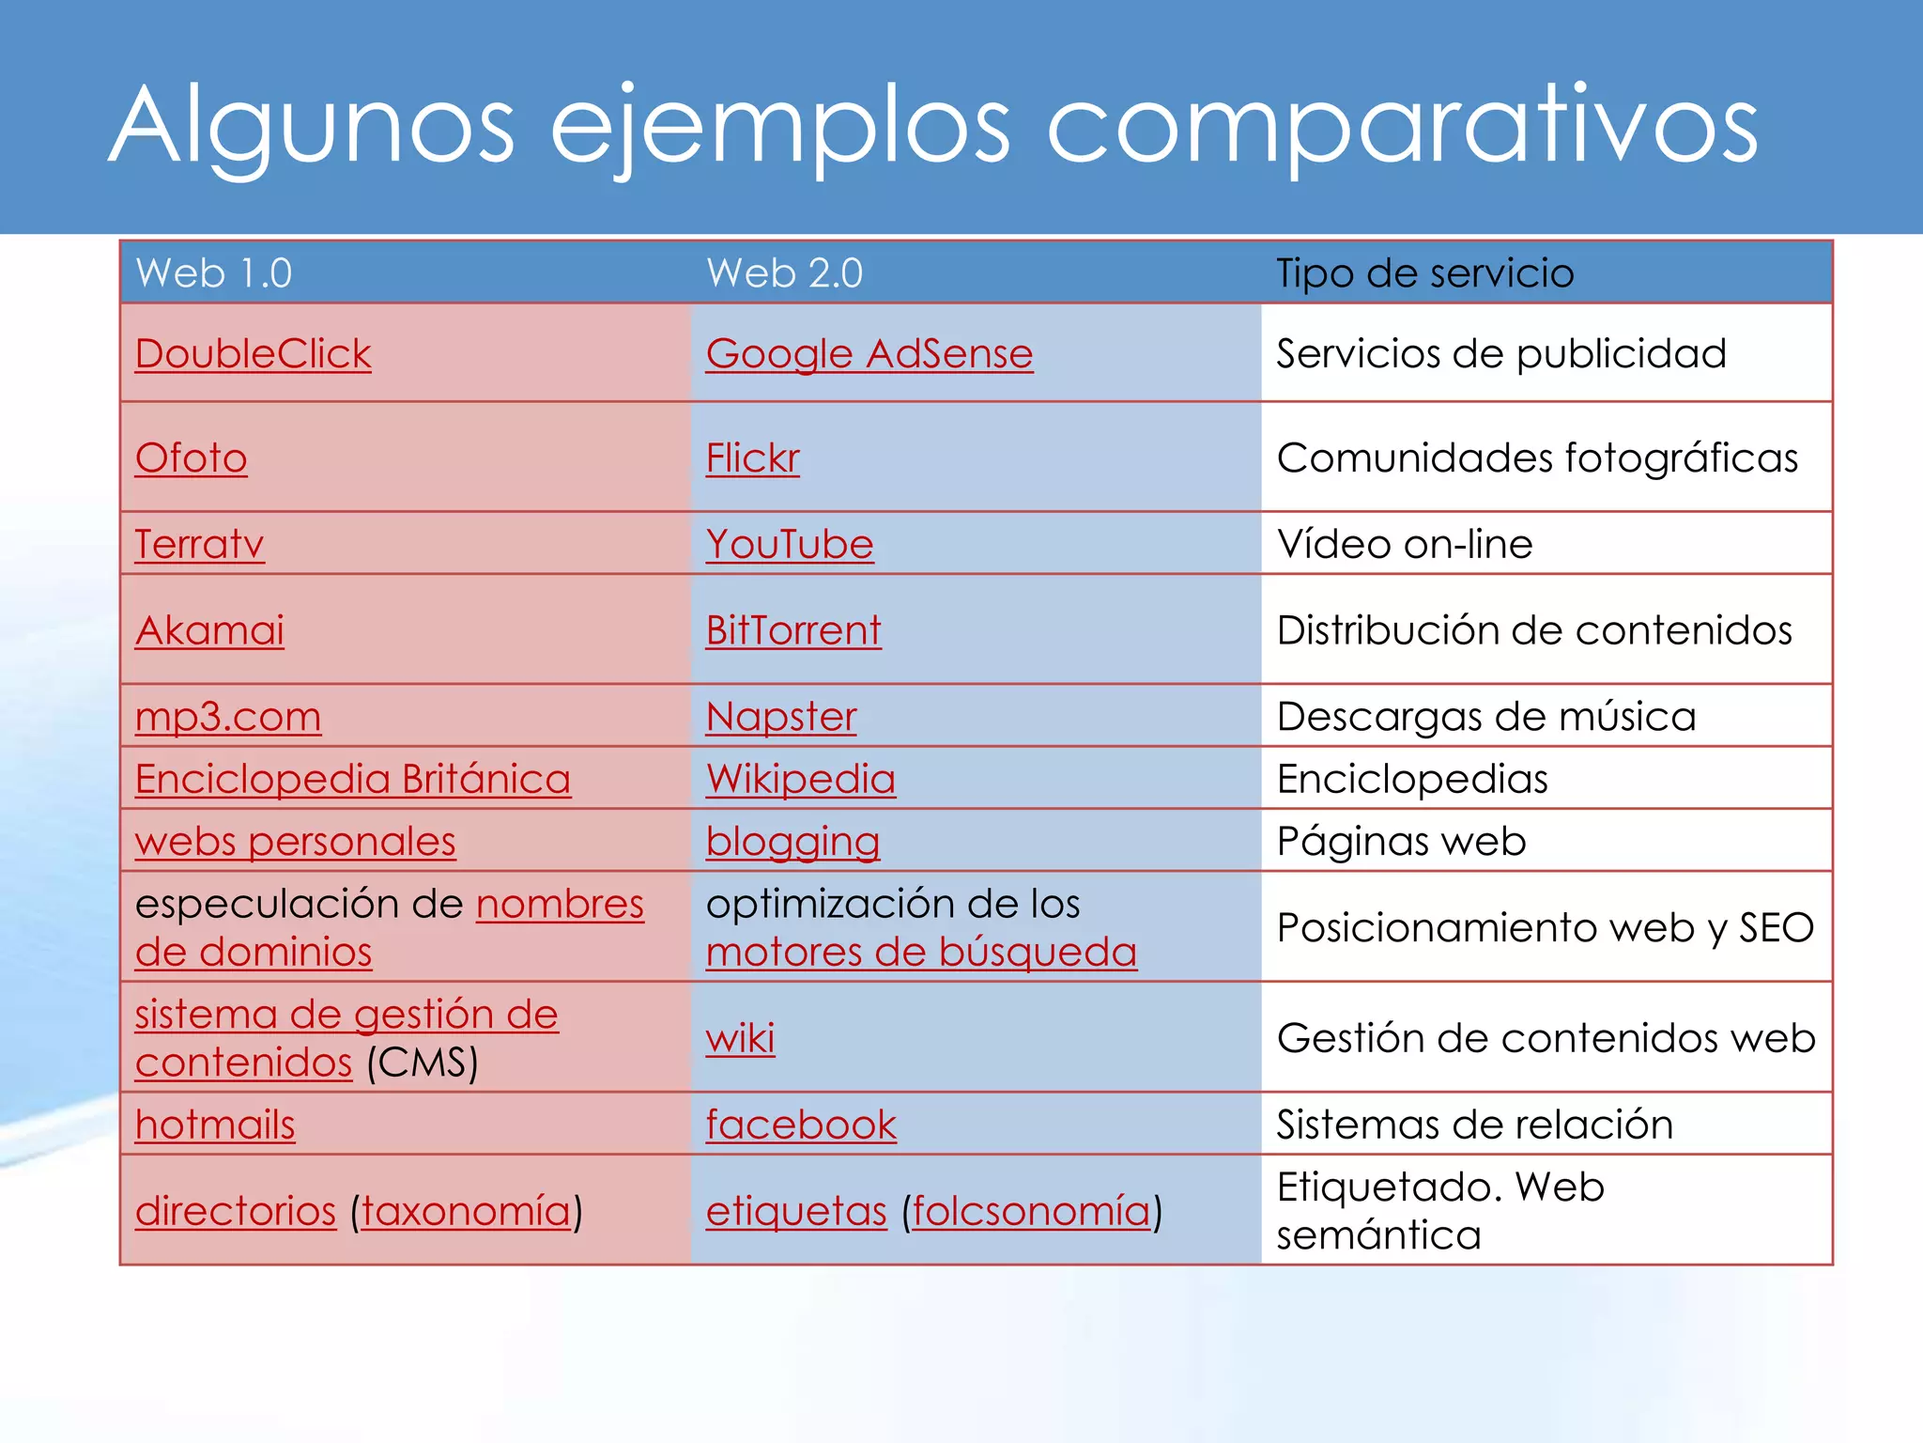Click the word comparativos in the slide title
pos(1401,127)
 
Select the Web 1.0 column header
pos(214,273)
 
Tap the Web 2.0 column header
pos(784,273)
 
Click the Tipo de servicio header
pos(1424,273)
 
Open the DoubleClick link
pos(253,354)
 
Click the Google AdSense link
pos(869,354)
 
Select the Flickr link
pos(752,458)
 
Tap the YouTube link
pos(789,545)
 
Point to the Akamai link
pos(209,630)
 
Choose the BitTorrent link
pos(792,630)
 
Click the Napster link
pos(780,717)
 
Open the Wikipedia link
pos(800,779)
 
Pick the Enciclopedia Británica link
pos(352,779)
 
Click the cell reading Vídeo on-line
pos(1405,545)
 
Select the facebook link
pos(801,1125)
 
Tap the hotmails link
pos(214,1125)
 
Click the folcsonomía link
pos(1031,1211)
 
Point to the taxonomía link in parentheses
pos(466,1211)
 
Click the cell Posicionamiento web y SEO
pos(1545,928)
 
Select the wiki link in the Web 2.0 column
pos(740,1039)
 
